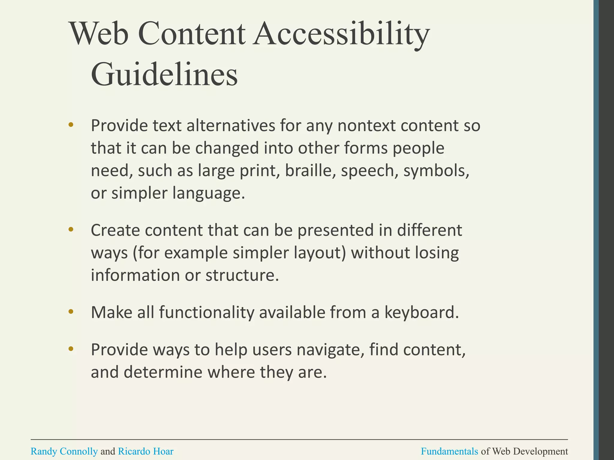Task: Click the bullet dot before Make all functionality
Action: click(71, 312)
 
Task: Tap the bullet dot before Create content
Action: click(71, 230)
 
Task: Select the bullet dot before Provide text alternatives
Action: click(71, 125)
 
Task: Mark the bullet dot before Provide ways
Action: click(71, 349)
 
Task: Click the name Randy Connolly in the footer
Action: click(64, 451)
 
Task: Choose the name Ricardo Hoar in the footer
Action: click(146, 451)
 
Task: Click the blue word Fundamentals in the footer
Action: click(449, 451)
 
